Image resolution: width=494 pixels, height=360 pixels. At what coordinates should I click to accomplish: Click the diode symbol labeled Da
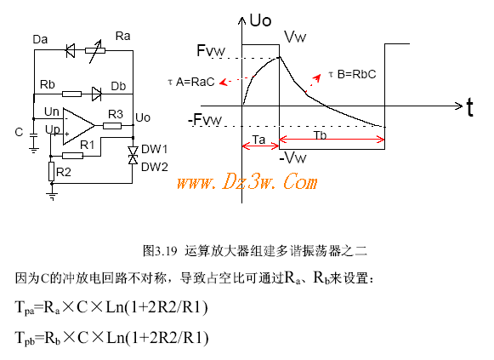click(x=71, y=50)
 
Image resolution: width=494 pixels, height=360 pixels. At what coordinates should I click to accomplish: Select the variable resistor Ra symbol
click(x=95, y=50)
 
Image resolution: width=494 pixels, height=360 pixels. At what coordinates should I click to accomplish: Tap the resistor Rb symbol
click(x=71, y=94)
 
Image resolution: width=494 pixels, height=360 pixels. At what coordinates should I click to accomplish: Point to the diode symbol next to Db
click(x=96, y=94)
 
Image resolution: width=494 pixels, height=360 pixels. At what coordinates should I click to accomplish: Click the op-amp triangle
click(x=78, y=126)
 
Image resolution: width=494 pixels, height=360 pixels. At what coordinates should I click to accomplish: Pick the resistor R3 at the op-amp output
click(x=112, y=126)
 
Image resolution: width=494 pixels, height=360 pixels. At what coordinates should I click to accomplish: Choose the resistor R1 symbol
click(x=72, y=156)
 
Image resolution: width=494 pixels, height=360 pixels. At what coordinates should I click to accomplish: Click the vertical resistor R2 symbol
click(x=51, y=171)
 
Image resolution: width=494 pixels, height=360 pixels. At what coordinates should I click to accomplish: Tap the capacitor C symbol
click(x=33, y=136)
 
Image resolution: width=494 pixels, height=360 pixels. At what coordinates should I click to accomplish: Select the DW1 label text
click(x=155, y=149)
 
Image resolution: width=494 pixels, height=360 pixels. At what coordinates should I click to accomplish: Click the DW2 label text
click(x=155, y=167)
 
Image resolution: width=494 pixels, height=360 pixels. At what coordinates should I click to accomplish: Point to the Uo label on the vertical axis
click(x=260, y=20)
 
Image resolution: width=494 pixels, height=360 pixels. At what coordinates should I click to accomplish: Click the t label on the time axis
click(x=469, y=107)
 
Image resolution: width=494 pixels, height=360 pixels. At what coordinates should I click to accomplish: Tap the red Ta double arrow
click(x=260, y=146)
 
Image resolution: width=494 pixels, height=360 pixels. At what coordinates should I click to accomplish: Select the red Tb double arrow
click(x=332, y=139)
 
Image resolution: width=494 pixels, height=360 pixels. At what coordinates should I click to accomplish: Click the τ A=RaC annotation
click(x=191, y=82)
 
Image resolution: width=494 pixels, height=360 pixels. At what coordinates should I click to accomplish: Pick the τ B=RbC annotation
click(x=352, y=74)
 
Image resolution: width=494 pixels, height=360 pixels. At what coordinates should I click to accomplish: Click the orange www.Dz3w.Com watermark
click(x=247, y=181)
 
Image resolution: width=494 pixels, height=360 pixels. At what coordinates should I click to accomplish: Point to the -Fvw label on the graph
click(x=205, y=120)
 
